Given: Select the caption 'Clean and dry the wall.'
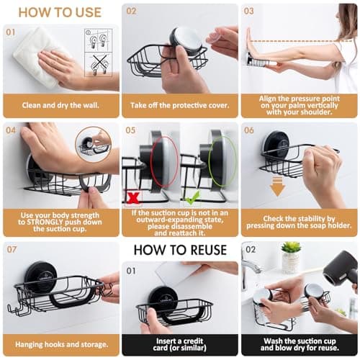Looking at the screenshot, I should coord(60,104).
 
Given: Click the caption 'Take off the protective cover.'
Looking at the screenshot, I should coord(179,104).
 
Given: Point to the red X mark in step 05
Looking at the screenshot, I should coord(132,196).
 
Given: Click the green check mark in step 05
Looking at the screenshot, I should coord(192,196).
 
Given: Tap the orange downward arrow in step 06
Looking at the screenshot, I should coord(278,187).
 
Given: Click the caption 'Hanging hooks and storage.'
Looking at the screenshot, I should coord(60,345).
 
